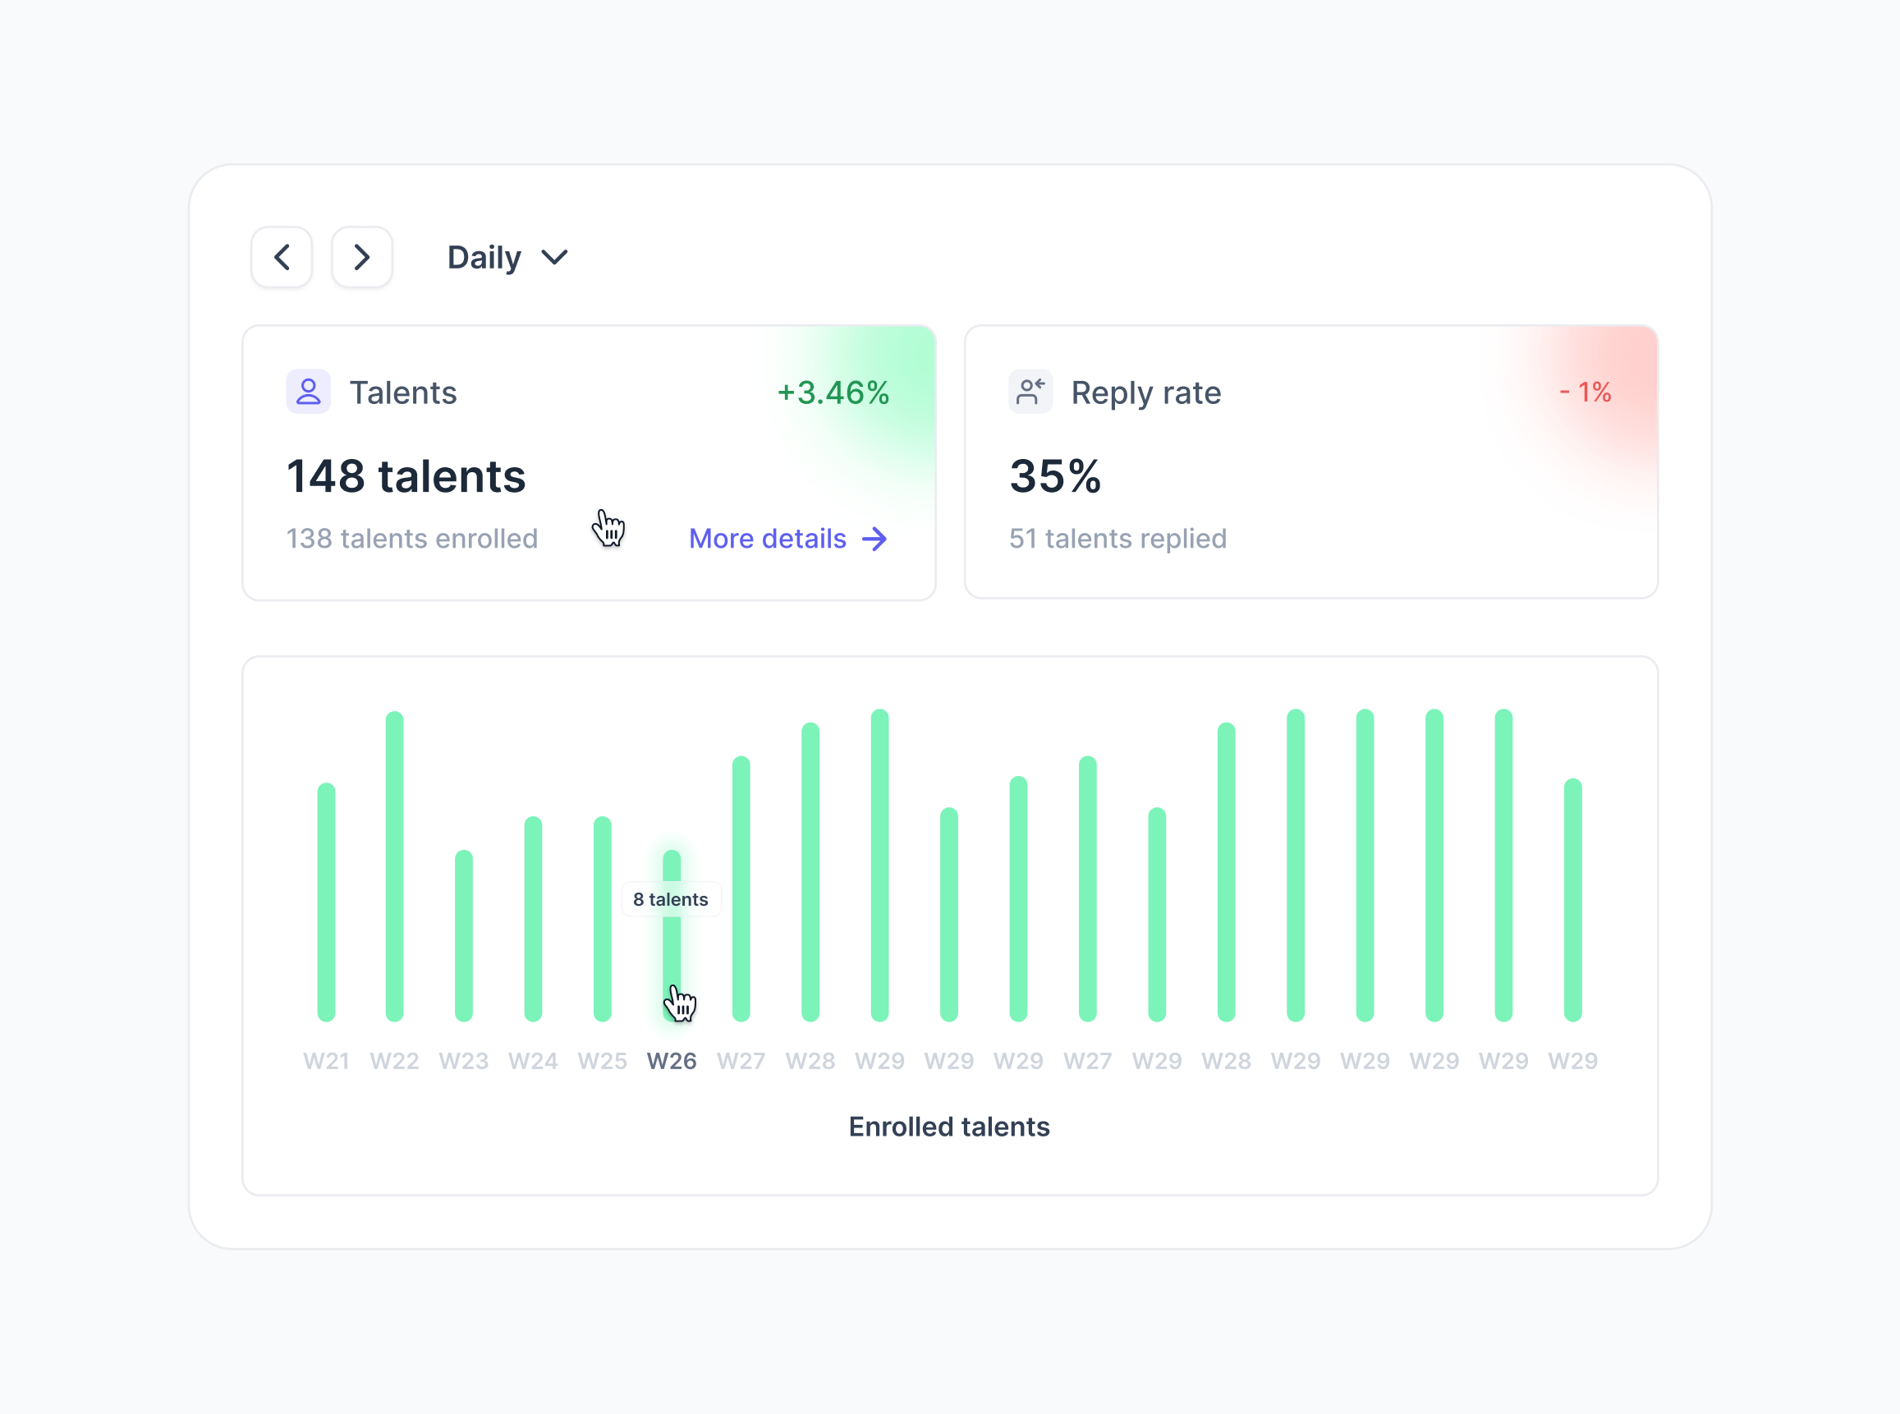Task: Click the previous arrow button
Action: coord(282,257)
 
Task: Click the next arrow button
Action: coord(362,257)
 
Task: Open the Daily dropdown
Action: coord(507,258)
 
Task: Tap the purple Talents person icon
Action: coord(308,392)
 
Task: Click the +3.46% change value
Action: coord(833,393)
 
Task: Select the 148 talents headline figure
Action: coord(406,476)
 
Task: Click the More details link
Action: coord(787,539)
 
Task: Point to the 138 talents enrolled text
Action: coord(411,539)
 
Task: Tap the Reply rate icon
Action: coord(1030,392)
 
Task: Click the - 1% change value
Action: coord(1585,392)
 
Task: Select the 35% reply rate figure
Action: coord(1055,476)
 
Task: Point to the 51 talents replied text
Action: coord(1118,539)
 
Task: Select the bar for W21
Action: coord(326,903)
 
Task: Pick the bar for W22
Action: coord(395,866)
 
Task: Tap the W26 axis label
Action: coord(672,1062)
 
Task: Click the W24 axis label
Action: coord(533,1062)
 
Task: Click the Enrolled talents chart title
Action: coord(949,1127)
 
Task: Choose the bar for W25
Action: coord(603,920)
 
